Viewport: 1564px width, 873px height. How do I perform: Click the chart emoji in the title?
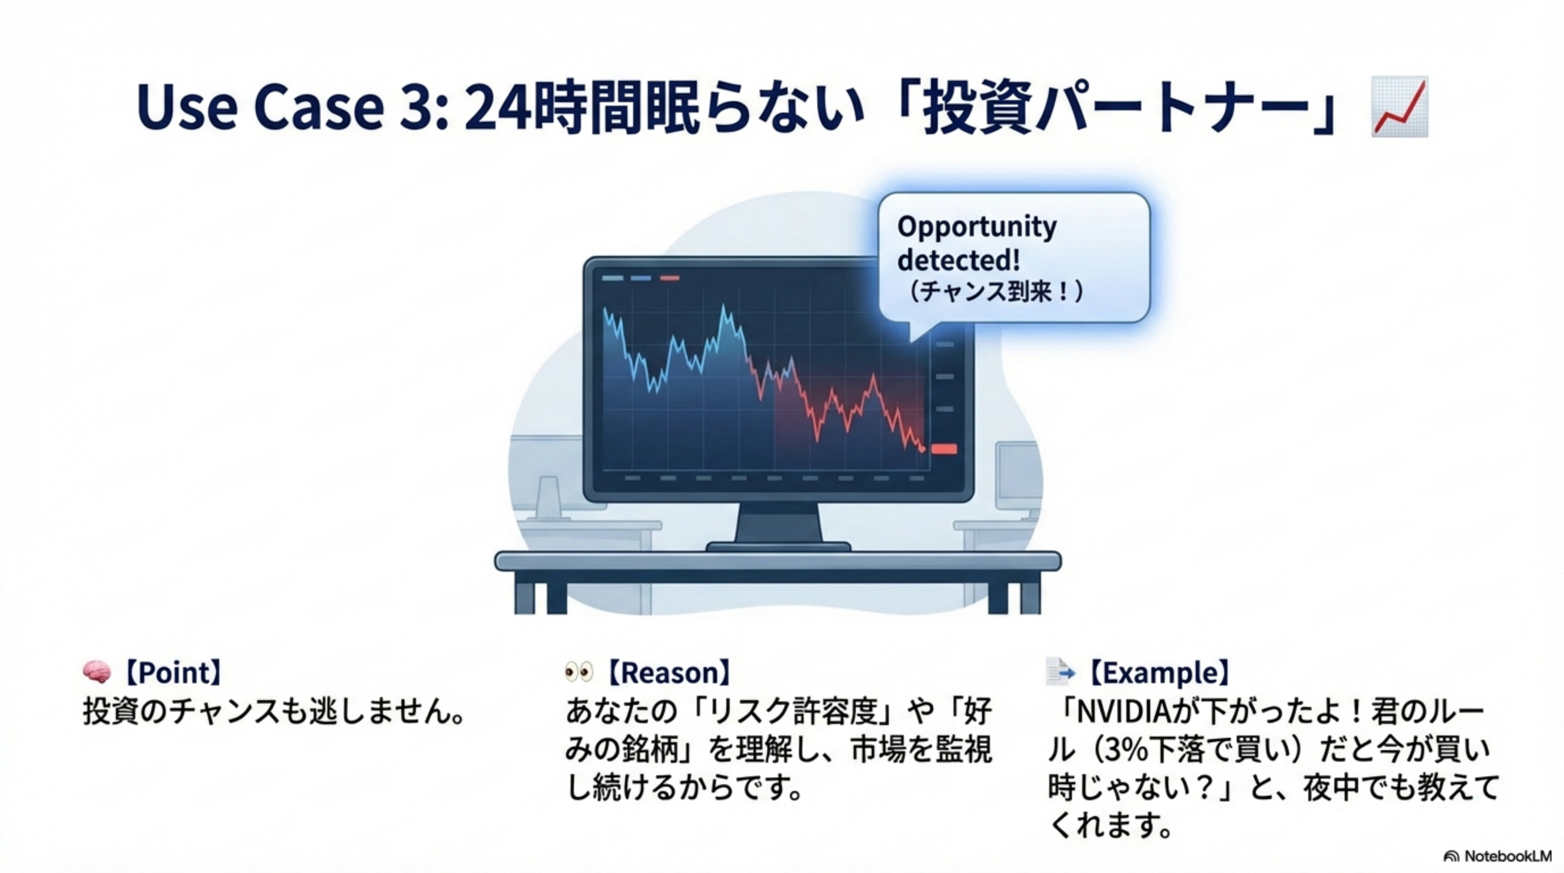point(1399,107)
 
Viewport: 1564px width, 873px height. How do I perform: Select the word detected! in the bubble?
point(958,260)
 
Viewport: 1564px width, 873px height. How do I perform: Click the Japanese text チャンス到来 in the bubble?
point(993,293)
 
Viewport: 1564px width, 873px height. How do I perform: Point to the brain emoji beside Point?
point(97,672)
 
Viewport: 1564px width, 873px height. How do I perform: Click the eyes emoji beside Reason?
point(579,671)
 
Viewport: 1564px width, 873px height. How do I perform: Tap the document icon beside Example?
point(1059,671)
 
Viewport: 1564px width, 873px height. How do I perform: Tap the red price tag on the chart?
point(944,449)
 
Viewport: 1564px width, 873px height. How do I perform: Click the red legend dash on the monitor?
point(669,278)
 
